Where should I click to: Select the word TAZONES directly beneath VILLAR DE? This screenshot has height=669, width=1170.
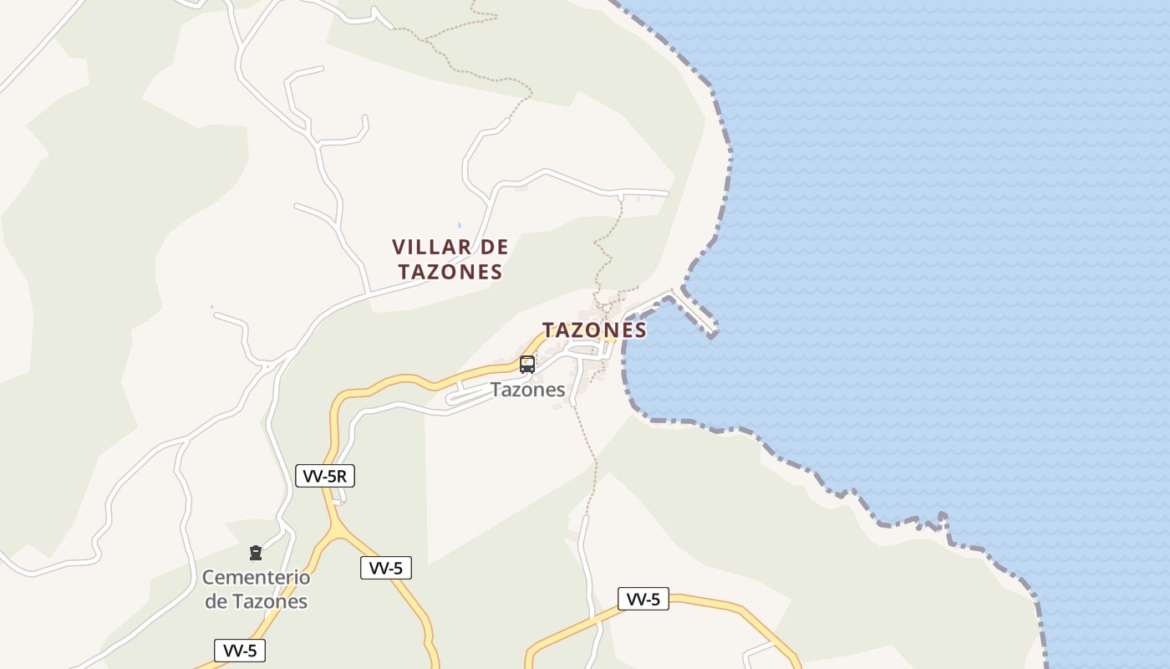tap(450, 272)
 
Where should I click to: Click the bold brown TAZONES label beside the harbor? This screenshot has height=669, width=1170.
tap(594, 330)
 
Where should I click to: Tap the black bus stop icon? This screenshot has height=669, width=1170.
tap(527, 365)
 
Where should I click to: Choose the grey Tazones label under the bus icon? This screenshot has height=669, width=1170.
tap(527, 390)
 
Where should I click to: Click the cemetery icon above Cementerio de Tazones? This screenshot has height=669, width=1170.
tap(256, 553)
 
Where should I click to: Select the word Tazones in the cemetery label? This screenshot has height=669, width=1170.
tap(269, 601)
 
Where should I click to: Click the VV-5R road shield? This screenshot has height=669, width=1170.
tap(326, 477)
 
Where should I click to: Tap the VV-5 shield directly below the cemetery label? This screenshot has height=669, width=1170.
tap(240, 651)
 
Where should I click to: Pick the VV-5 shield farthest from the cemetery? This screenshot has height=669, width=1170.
tap(643, 599)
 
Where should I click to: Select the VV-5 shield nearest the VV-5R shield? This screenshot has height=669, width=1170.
tap(386, 569)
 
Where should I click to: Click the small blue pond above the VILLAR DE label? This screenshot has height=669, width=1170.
tap(459, 226)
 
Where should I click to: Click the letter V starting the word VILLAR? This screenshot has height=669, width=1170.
tap(399, 248)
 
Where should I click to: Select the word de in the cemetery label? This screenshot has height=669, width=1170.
tap(216, 601)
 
